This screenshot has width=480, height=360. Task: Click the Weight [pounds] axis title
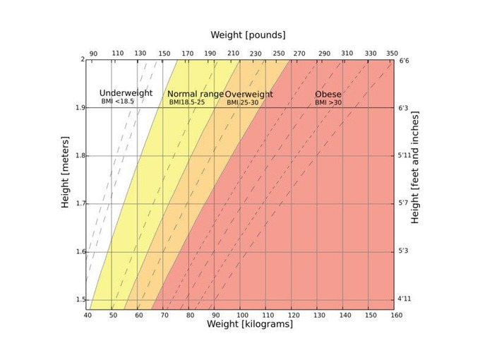coord(248,35)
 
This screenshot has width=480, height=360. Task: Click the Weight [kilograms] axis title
coord(249,325)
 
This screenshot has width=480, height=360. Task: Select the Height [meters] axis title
coord(65,183)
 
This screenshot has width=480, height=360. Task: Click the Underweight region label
coord(126,93)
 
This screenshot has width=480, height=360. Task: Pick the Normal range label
coord(195,94)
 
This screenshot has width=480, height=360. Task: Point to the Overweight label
coord(248,94)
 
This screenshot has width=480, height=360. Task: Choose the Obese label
coord(328,94)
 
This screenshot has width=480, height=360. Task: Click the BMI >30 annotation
coord(328,103)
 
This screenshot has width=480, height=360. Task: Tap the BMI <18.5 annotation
coord(117,102)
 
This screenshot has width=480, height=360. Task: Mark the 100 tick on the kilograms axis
coord(241,315)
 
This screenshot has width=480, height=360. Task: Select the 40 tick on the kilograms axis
coord(87,315)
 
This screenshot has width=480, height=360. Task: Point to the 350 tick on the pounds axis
coord(392,53)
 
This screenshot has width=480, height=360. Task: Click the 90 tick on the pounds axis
coord(93,53)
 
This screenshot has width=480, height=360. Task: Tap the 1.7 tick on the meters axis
coord(80,203)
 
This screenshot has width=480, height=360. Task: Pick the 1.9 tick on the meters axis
coord(80,107)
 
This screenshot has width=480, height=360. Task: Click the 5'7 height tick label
coord(404,203)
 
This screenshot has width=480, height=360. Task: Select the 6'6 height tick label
coord(404,61)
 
